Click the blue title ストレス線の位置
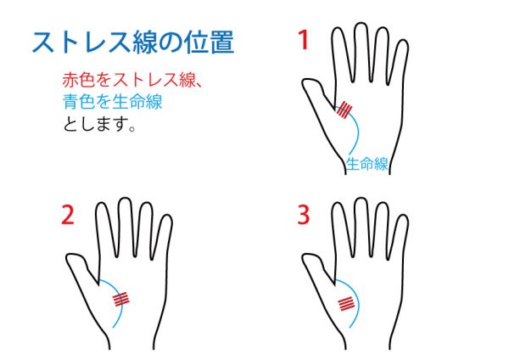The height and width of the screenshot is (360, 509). pyautogui.click(x=133, y=42)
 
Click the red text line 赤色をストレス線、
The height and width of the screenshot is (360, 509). pyautogui.click(x=132, y=80)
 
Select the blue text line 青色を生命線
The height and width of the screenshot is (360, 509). pyautogui.click(x=112, y=101)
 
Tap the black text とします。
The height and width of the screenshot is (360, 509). pyautogui.click(x=99, y=123)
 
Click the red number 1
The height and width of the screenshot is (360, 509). pyautogui.click(x=303, y=40)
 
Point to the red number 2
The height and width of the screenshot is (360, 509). pyautogui.click(x=68, y=215)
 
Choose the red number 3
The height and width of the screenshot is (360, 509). pyautogui.click(x=304, y=215)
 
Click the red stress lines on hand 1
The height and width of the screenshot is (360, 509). pyautogui.click(x=344, y=110)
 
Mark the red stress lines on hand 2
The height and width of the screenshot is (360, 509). pyautogui.click(x=120, y=299)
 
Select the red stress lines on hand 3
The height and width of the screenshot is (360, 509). pyautogui.click(x=346, y=304)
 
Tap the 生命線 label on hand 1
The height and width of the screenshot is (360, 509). pyautogui.click(x=366, y=164)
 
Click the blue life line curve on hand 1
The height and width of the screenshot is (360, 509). pyautogui.click(x=358, y=130)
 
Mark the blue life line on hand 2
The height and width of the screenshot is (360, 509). pyautogui.click(x=120, y=294)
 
